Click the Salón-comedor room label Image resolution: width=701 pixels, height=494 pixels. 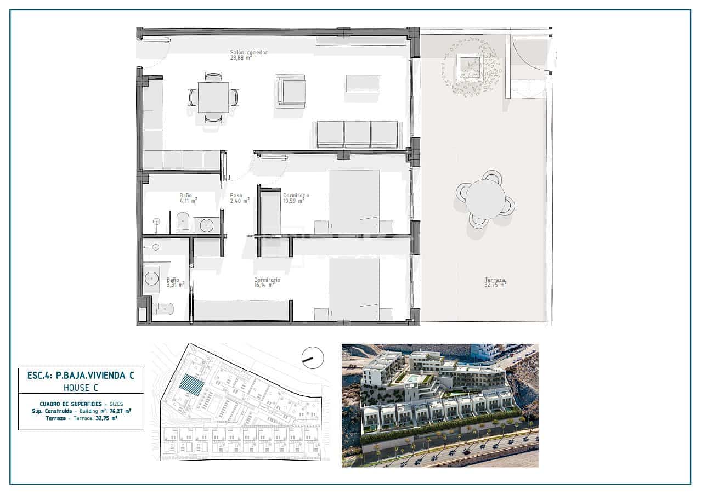click(249, 53)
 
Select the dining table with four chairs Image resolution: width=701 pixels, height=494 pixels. click(213, 98)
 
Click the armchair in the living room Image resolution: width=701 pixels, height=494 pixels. click(291, 90)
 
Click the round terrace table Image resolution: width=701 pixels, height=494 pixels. click(485, 198)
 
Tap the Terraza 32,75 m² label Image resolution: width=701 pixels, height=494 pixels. click(495, 281)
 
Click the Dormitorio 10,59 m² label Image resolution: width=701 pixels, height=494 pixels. click(296, 198)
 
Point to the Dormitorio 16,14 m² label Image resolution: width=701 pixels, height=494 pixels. click(267, 282)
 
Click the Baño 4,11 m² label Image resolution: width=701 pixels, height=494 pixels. click(188, 198)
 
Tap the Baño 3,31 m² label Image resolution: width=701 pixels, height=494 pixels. click(176, 282)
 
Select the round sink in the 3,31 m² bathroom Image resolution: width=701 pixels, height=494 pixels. click(152, 279)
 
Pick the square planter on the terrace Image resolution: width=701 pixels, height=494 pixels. click(470, 67)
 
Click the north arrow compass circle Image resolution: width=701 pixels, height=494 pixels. click(313, 358)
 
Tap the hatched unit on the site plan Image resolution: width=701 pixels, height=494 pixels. click(192, 384)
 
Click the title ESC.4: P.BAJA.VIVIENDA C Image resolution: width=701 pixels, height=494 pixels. click(81, 376)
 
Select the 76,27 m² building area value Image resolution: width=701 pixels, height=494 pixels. click(120, 410)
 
